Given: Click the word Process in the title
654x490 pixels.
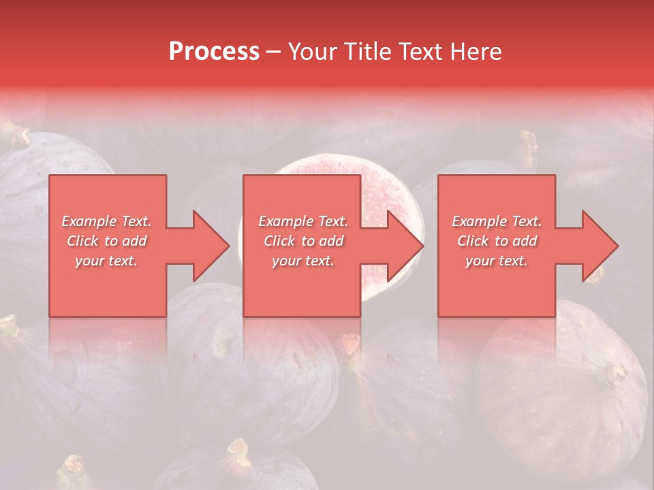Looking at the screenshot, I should click(214, 52).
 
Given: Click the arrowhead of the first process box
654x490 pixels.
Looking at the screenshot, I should click(211, 246).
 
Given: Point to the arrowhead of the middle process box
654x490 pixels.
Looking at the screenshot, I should click(405, 246).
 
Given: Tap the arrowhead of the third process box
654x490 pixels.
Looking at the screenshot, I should click(599, 246).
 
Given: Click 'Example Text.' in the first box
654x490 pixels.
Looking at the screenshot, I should click(106, 221).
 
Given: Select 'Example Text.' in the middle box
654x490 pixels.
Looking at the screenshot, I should click(303, 221).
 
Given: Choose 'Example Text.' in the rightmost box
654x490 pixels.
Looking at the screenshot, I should click(497, 221).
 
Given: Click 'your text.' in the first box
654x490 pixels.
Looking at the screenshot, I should click(106, 261).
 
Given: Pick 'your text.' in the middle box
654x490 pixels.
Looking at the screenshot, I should click(303, 261).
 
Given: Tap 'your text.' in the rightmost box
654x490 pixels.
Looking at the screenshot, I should click(497, 261).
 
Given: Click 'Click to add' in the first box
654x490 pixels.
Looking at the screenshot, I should click(106, 241).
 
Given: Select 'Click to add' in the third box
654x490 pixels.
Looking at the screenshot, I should click(497, 241).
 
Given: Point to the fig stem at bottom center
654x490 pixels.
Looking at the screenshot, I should click(237, 451).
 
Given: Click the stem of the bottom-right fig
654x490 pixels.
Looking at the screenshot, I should click(615, 372).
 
